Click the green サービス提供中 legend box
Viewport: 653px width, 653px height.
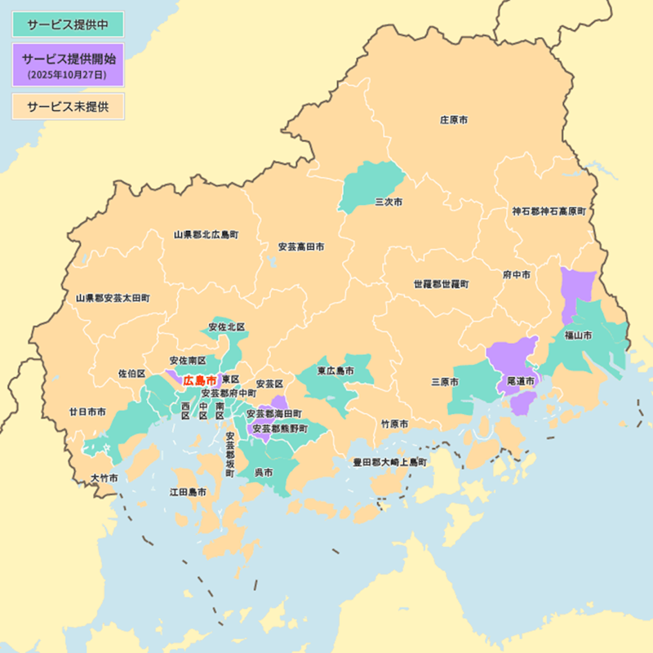click(x=68, y=24)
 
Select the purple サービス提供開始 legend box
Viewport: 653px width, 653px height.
click(x=68, y=64)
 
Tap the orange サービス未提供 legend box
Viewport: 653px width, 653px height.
click(x=68, y=106)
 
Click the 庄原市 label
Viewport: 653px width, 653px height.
click(x=454, y=120)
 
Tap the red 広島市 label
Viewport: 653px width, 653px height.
click(x=200, y=380)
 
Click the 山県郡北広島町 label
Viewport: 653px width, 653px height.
click(x=206, y=234)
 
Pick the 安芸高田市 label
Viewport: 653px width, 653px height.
click(x=301, y=246)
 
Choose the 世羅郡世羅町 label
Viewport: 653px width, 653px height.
click(x=441, y=285)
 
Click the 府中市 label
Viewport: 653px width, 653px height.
click(x=517, y=275)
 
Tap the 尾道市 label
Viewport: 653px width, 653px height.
click(x=520, y=380)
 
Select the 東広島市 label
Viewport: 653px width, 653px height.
click(x=335, y=371)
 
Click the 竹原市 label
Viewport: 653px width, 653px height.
click(x=395, y=424)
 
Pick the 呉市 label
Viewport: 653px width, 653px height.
click(x=264, y=472)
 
